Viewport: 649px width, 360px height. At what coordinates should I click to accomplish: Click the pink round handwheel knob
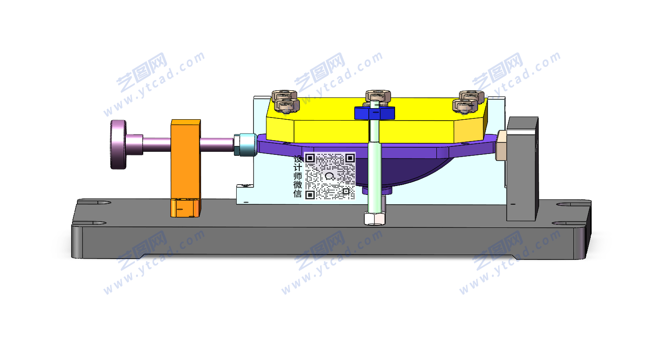pos(118,144)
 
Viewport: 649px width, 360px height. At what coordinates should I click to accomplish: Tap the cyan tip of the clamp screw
pos(246,144)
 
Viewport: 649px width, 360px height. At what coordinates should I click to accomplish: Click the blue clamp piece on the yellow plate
pos(375,113)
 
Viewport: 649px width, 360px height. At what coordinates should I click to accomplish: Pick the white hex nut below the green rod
pos(375,218)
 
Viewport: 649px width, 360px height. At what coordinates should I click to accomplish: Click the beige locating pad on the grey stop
pos(501,146)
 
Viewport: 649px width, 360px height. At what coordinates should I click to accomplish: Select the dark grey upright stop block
pos(522,169)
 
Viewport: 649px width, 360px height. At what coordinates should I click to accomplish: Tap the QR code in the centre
pos(330,176)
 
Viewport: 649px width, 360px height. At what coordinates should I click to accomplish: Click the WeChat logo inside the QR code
pos(330,176)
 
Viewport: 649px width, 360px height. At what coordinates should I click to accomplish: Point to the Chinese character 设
pos(298,159)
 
